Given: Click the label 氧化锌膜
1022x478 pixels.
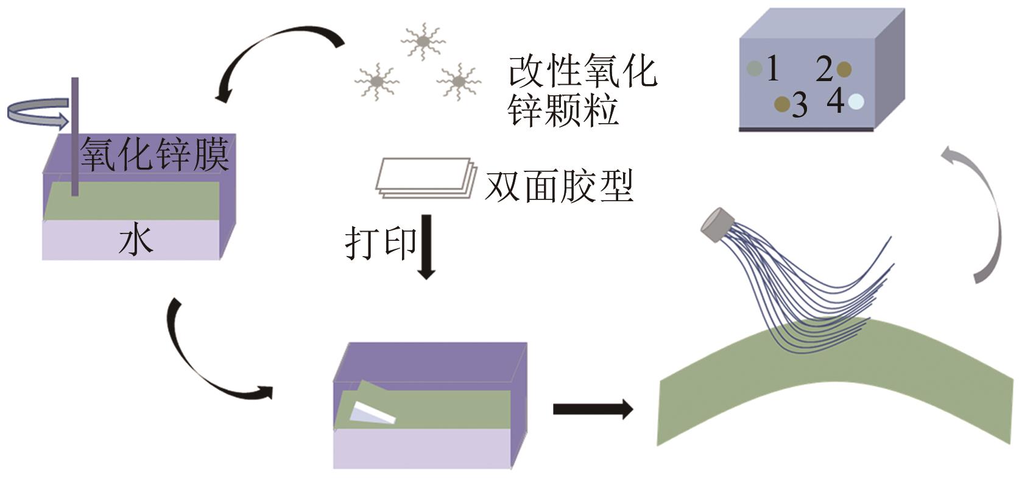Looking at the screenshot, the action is click(x=155, y=155).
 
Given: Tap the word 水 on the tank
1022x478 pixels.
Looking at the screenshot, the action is click(x=135, y=241).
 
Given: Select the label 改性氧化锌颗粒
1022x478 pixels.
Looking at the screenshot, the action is click(x=582, y=90).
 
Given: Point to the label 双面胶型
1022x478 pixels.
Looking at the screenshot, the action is click(x=559, y=186).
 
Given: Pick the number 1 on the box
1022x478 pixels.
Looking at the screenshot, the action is click(x=772, y=69).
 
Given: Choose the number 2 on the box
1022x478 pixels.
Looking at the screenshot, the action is click(x=825, y=70).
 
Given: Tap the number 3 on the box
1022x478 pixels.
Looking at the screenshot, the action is click(x=799, y=105).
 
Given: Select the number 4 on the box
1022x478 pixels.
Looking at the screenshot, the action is click(x=836, y=101).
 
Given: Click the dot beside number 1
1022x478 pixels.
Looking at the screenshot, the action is click(x=755, y=69).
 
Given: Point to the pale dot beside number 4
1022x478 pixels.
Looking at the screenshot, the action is click(x=856, y=101).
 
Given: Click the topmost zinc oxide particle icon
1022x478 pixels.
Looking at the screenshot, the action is click(x=423, y=41).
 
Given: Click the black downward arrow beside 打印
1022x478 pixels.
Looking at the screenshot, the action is click(x=426, y=247).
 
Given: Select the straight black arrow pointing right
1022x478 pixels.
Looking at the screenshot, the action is click(x=593, y=409).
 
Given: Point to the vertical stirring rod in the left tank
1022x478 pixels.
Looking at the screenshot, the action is click(x=75, y=137).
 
